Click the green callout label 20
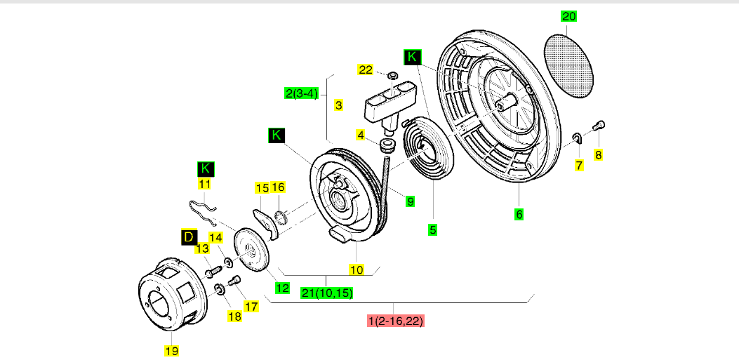569,16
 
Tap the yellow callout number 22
366,69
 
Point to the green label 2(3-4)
302,93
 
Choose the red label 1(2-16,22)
396,321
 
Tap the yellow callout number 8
598,154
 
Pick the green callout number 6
519,214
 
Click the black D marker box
188,237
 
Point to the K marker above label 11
205,168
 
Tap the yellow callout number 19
171,350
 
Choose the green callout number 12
282,287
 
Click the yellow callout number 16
279,187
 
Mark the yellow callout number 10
357,269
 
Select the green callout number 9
410,201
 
